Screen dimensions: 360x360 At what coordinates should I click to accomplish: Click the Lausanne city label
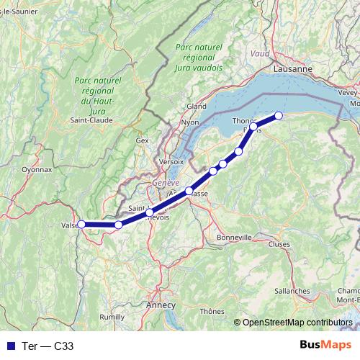293,68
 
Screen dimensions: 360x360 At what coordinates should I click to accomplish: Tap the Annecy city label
160,305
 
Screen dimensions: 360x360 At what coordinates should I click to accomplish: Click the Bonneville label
234,236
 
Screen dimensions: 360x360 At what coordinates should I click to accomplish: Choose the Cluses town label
278,244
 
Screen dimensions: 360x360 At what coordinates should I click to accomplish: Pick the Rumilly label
112,316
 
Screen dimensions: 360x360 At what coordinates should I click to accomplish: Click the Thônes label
212,311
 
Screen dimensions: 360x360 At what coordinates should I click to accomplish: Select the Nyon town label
190,122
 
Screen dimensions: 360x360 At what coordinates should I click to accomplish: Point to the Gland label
197,106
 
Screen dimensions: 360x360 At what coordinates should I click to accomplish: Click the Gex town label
142,140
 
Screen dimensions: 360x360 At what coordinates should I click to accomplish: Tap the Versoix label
170,160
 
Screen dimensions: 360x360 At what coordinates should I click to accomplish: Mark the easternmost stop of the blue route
279,115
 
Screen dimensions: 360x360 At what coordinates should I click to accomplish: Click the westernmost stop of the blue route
81,225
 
